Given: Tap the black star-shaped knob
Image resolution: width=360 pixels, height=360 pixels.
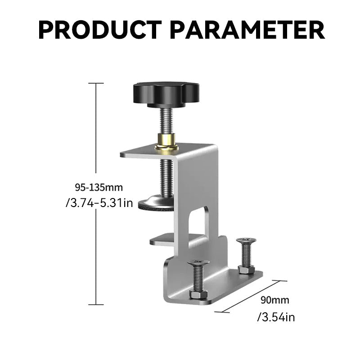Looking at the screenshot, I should (x=166, y=93).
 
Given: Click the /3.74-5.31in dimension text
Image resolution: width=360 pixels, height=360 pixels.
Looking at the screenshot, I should (x=99, y=203).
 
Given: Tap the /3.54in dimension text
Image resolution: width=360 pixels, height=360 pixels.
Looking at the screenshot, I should (x=276, y=317).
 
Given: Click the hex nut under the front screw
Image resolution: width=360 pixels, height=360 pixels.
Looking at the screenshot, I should (x=198, y=294).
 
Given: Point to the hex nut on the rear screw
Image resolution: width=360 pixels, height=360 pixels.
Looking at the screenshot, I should (x=246, y=270).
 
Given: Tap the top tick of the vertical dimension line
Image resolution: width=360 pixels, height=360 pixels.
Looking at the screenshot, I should (x=96, y=83).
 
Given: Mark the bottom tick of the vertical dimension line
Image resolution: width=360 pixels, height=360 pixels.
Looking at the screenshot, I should (x=96, y=305).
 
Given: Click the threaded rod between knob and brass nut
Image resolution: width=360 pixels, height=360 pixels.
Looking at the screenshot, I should (x=166, y=119).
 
